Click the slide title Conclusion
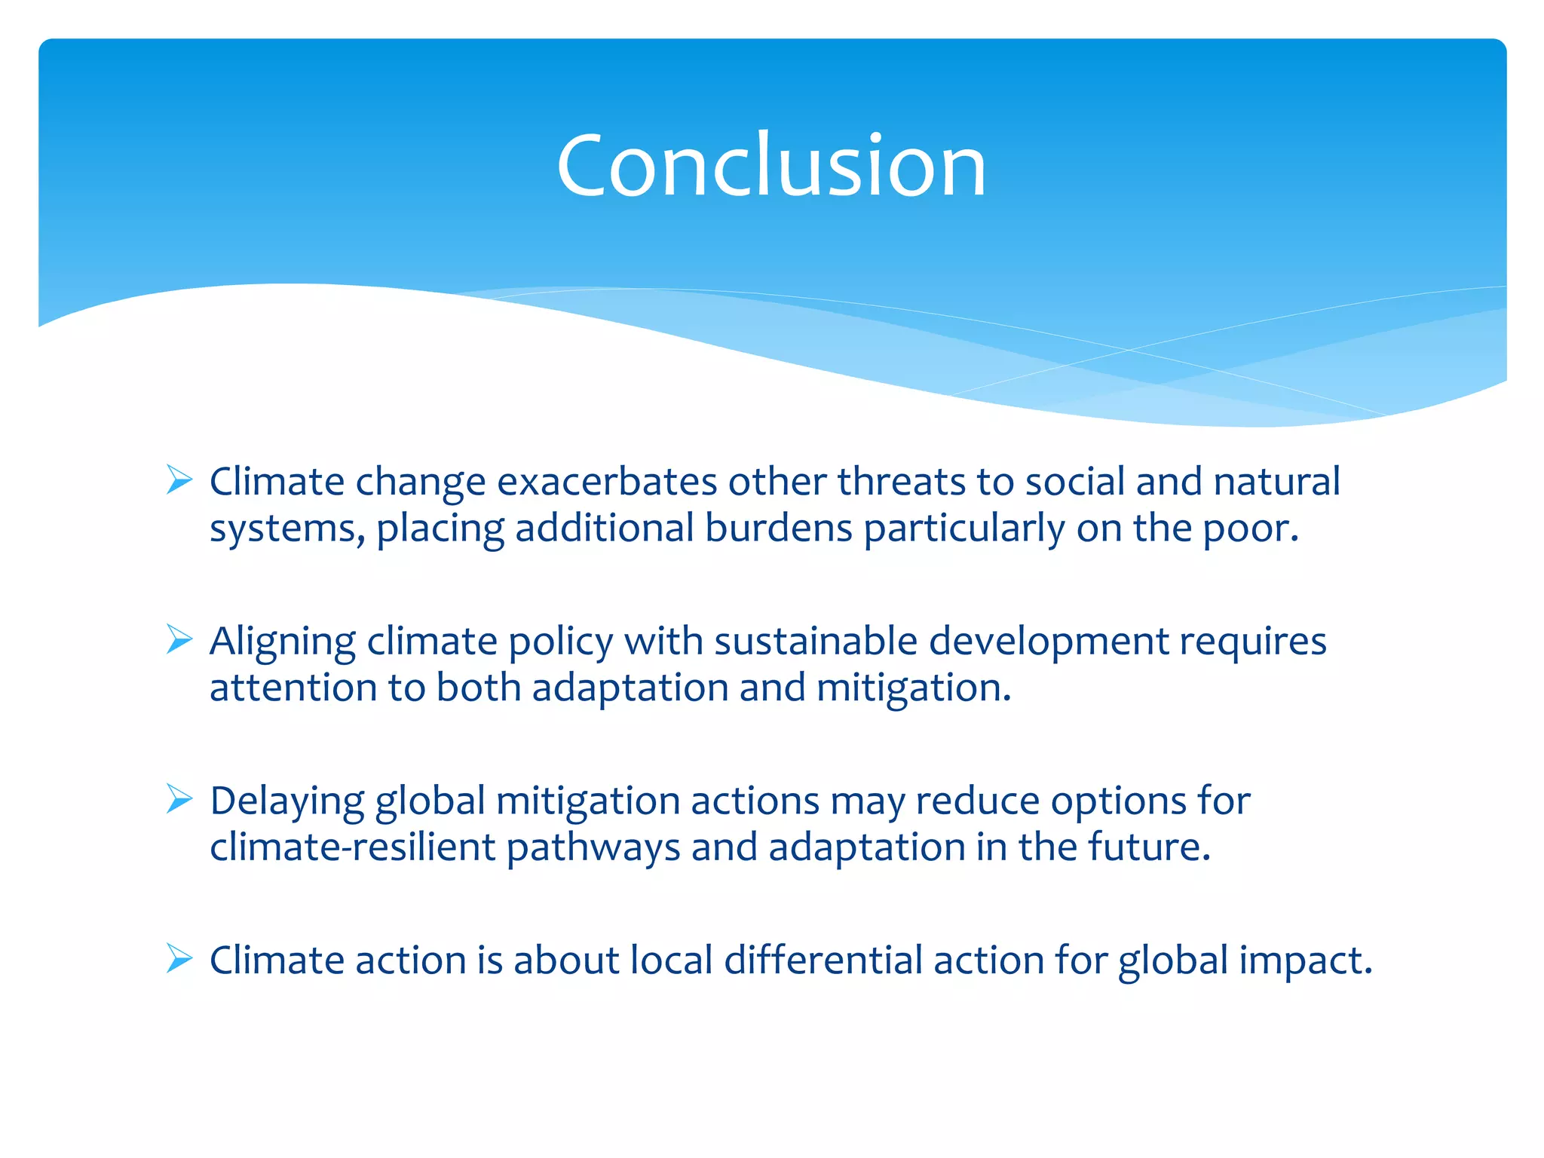tap(771, 165)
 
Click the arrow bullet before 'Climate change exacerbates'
tap(179, 479)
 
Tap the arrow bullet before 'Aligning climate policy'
tap(179, 639)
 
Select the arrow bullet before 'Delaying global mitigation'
tap(179, 798)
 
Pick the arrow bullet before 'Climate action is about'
tap(179, 958)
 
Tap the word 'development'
tap(1048, 642)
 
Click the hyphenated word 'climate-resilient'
tap(351, 847)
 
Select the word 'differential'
tap(823, 960)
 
